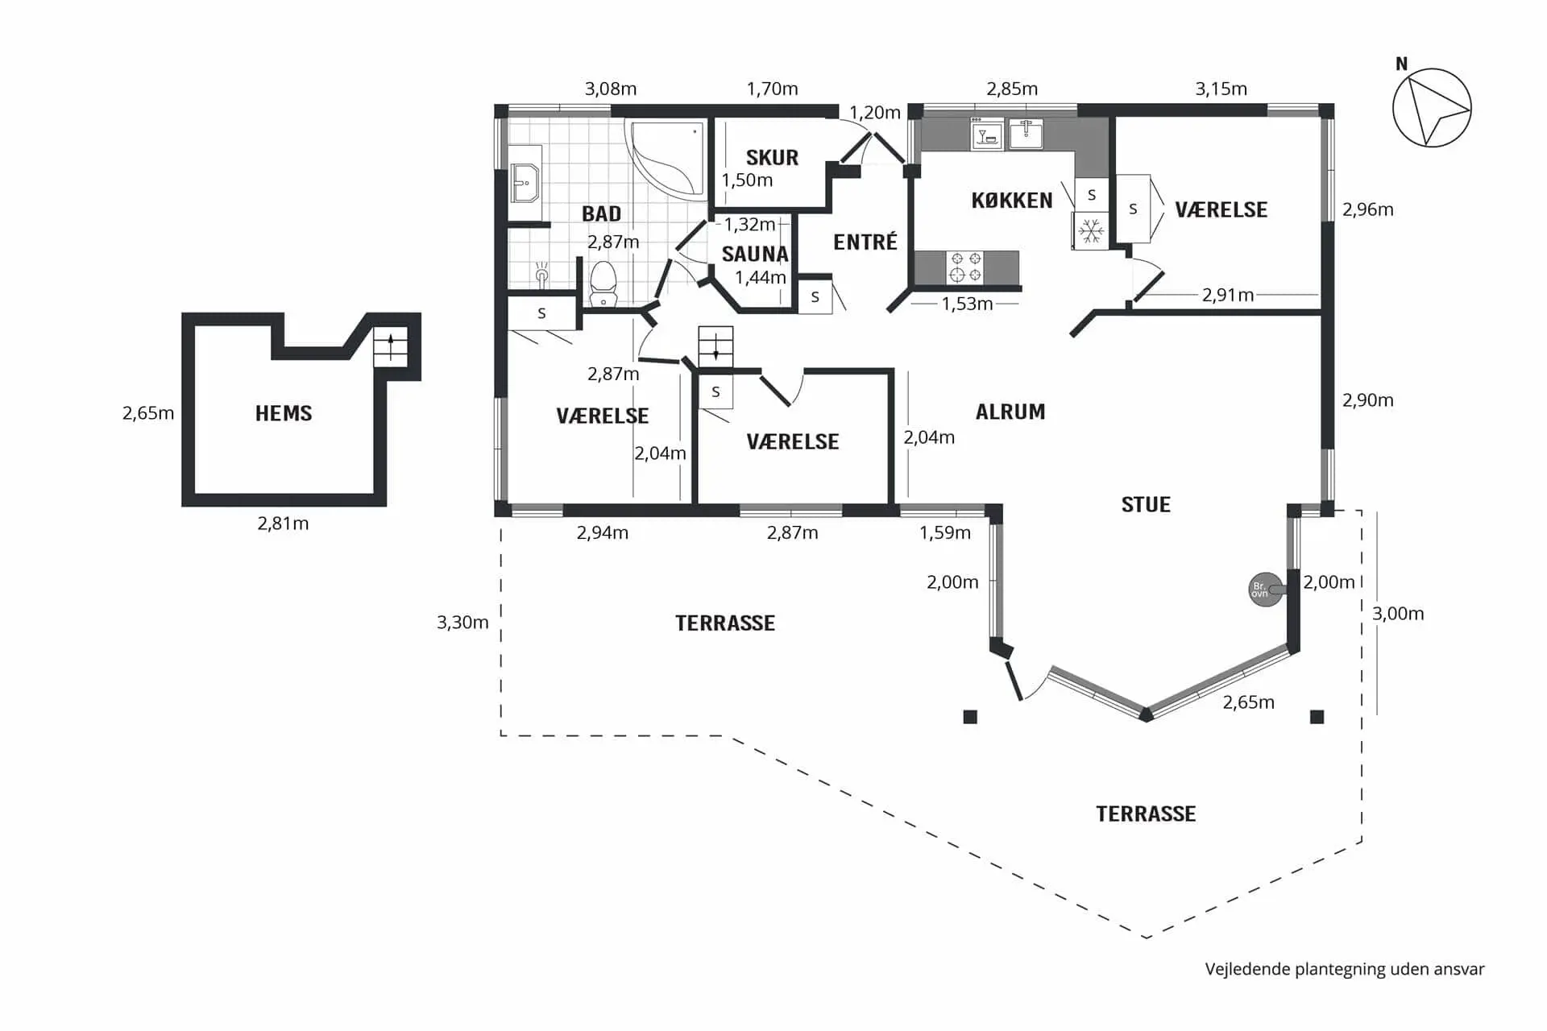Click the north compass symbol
pyautogui.click(x=1432, y=107)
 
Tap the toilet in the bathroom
pyautogui.click(x=603, y=283)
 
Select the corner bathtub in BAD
pyautogui.click(x=666, y=159)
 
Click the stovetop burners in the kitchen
pyautogui.click(x=965, y=267)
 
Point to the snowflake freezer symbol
pyautogui.click(x=1091, y=231)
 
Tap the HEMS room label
pyautogui.click(x=284, y=413)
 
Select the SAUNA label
pyautogui.click(x=755, y=254)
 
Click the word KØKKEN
pyautogui.click(x=1012, y=201)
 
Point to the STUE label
pyautogui.click(x=1146, y=504)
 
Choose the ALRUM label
pyautogui.click(x=1010, y=412)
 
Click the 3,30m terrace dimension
pyautogui.click(x=462, y=622)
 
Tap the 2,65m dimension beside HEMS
pyautogui.click(x=148, y=413)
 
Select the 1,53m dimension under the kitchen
pyautogui.click(x=968, y=304)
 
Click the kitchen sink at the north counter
pyautogui.click(x=1026, y=134)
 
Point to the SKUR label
pyautogui.click(x=772, y=157)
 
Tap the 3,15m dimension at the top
pyautogui.click(x=1221, y=89)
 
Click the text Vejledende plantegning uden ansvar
pyautogui.click(x=1345, y=969)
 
